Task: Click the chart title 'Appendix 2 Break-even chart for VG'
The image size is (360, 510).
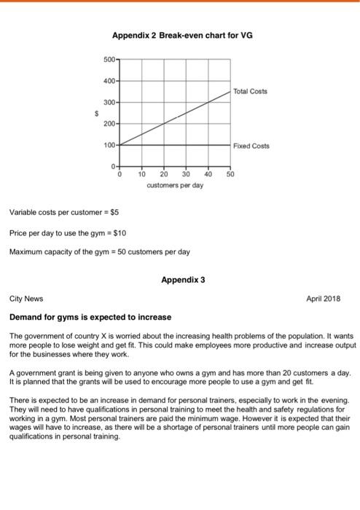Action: pos(182,34)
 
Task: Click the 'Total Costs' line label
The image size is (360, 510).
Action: pos(250,91)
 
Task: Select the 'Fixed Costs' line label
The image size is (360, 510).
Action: pos(251,146)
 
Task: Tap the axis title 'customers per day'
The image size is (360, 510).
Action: pos(175,185)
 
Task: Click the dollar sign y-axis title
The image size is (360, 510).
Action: pos(93,113)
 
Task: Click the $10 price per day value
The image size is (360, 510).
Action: pos(121,233)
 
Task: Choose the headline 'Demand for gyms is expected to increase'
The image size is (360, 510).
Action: pos(90,318)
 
